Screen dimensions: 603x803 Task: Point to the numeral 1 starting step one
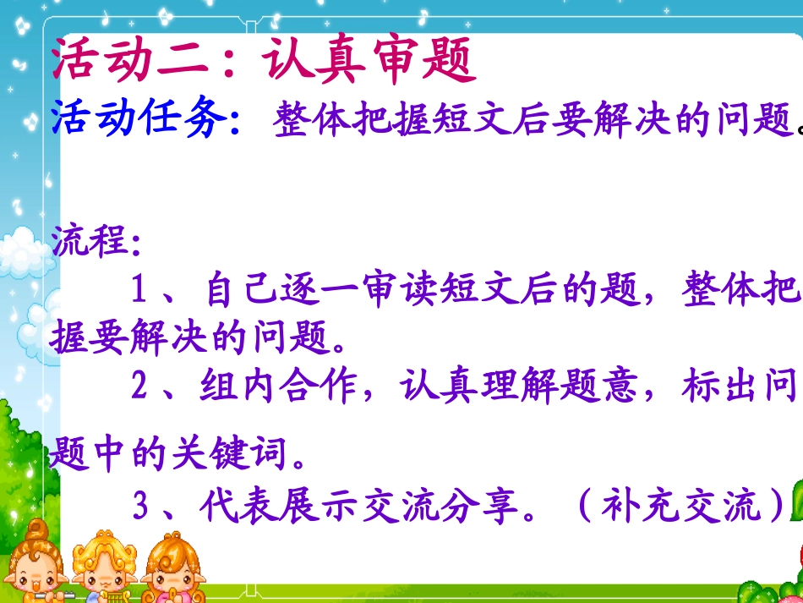tap(140, 292)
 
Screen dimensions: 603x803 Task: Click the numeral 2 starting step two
tap(140, 387)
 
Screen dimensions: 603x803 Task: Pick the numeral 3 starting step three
tap(140, 507)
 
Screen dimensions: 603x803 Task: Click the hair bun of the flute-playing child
tap(36, 529)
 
